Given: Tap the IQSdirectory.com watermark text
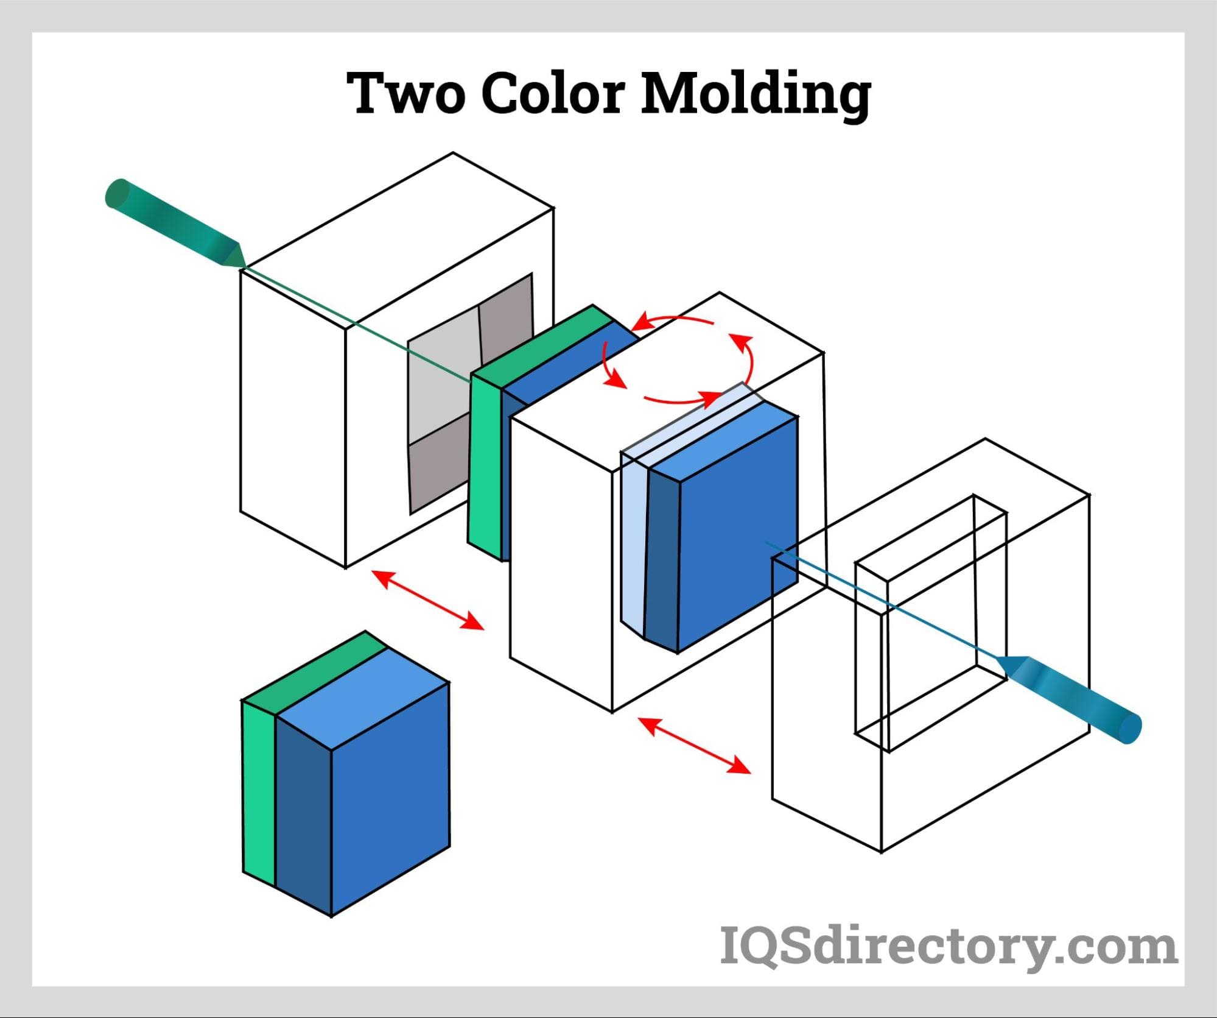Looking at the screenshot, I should pos(948,946).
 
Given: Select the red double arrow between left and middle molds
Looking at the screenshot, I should pos(427,600).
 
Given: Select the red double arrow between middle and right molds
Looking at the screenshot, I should pos(694,746).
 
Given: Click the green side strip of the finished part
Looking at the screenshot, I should pos(259,792).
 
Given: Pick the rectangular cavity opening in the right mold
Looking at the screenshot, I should pos(931,621).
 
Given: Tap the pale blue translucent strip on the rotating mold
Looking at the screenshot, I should pos(633,542).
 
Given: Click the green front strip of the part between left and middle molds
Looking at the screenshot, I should pos(486,463).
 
